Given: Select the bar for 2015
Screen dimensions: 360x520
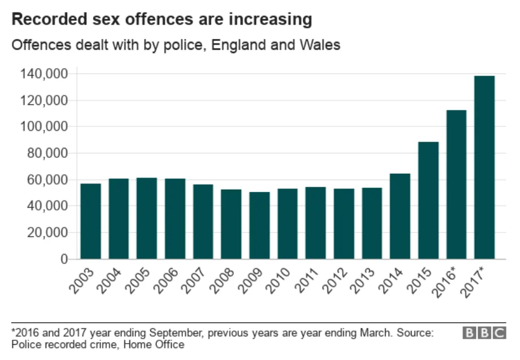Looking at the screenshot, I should click(x=428, y=200).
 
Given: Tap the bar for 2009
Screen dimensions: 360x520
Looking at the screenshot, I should click(x=260, y=226).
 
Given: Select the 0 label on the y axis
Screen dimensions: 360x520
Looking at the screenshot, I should click(x=64, y=259).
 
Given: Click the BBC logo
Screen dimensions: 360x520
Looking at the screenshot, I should click(x=484, y=332).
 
